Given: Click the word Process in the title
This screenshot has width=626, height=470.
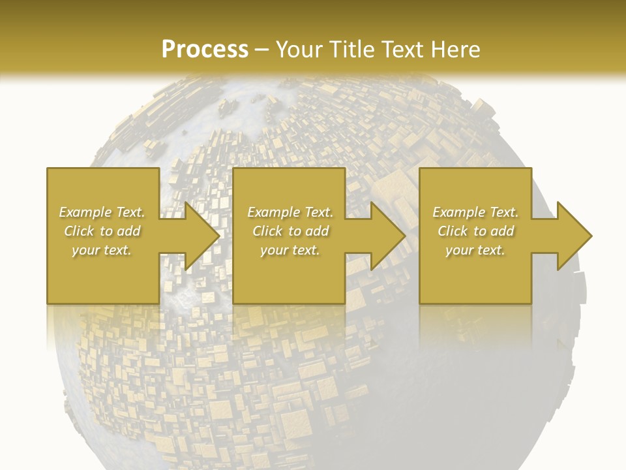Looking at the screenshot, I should tap(205, 50).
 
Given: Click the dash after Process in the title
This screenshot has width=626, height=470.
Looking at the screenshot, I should tap(262, 50).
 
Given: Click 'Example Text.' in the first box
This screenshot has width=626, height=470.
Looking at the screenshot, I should tap(102, 212).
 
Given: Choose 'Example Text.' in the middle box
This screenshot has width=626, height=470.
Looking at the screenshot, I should tap(290, 212).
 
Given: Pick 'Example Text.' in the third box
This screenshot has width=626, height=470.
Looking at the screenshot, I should tap(475, 212).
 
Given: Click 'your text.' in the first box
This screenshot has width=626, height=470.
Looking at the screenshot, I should tap(102, 250).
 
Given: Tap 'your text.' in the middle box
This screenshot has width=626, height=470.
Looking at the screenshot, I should tap(290, 250).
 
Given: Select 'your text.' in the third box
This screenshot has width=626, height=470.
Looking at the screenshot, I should tap(475, 250).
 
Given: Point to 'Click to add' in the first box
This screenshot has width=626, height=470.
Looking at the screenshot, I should tap(102, 231).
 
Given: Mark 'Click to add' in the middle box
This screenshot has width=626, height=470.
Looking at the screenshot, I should tap(290, 231).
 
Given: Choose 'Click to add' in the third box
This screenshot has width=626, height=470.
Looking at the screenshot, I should tap(475, 231).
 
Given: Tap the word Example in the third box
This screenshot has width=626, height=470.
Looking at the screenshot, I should tap(459, 212).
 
